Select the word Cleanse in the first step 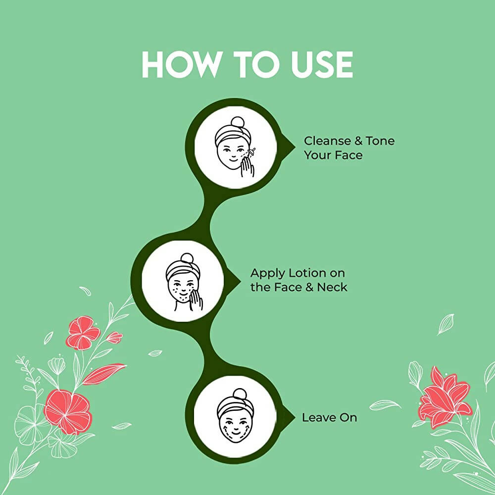327,141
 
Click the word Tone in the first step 380,141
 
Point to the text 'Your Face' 333,155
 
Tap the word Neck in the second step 332,287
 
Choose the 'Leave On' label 329,418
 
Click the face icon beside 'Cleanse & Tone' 236,147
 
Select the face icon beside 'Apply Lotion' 184,282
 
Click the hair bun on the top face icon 238,122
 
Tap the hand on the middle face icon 196,300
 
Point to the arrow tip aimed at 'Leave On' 295,417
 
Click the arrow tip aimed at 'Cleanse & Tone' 295,147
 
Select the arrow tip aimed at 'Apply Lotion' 241,280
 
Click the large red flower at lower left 68,411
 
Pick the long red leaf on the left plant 104,374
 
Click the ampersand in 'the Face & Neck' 309,287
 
